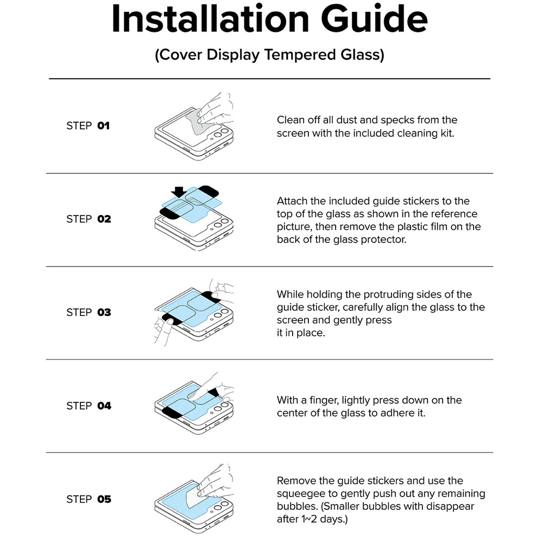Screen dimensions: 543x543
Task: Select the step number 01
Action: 103,126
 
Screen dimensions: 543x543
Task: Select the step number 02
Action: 104,219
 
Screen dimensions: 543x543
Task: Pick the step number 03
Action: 104,312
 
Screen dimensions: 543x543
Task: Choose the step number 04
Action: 104,406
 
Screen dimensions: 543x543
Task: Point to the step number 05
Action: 104,500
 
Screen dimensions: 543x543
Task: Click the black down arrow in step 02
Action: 179,192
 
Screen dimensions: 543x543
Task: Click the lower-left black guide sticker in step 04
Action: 172,412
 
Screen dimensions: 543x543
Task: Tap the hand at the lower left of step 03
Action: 163,331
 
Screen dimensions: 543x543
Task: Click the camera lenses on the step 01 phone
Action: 221,134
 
